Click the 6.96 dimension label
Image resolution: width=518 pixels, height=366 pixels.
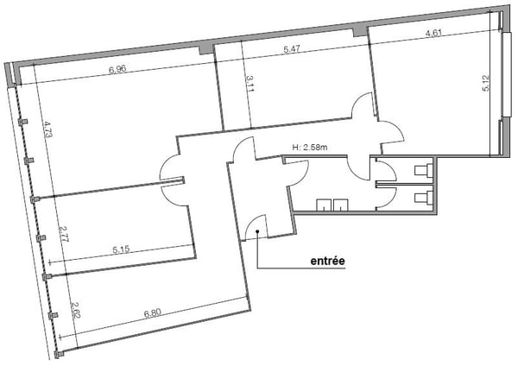(x=117, y=70)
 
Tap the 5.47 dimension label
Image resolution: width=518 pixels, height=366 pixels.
(x=292, y=49)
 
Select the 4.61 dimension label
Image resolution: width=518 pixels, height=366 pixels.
(x=433, y=33)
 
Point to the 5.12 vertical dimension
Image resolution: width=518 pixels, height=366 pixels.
(x=485, y=83)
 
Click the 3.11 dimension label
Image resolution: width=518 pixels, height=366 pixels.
(x=250, y=84)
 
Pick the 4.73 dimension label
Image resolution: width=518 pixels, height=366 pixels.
(x=47, y=129)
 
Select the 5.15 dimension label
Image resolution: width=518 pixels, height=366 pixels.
(x=121, y=249)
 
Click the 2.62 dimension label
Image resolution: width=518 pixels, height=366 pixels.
(x=76, y=310)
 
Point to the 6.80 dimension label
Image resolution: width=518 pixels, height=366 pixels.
(x=152, y=312)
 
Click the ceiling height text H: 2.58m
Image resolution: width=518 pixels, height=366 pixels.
(x=310, y=148)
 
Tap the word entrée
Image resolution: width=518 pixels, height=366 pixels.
(x=328, y=261)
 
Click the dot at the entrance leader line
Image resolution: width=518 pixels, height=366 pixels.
(x=257, y=231)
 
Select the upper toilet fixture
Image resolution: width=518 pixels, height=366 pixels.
(x=424, y=170)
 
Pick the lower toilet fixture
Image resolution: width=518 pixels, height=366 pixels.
(x=424, y=197)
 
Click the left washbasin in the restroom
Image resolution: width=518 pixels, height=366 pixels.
(x=324, y=205)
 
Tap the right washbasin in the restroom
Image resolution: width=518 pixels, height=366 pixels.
(x=341, y=205)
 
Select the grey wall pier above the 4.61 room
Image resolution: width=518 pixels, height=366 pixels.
(x=360, y=32)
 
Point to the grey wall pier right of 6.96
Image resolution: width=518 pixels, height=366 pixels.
(x=206, y=49)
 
